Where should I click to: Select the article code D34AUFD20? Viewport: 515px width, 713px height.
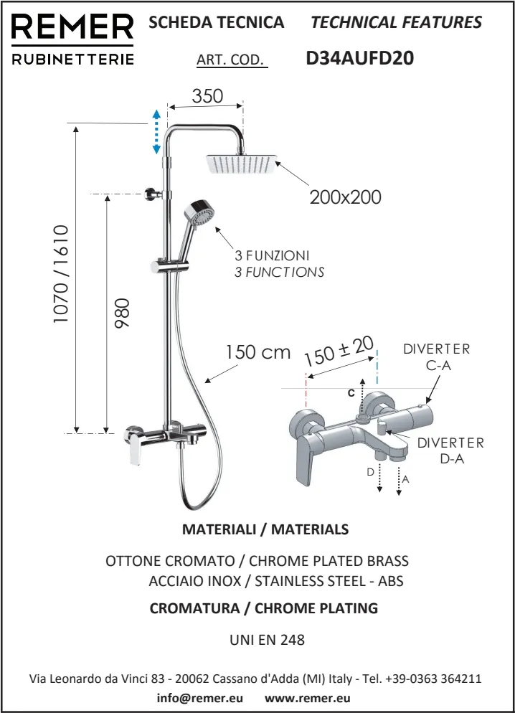coord(360,58)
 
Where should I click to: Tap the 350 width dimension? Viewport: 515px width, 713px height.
coord(207,96)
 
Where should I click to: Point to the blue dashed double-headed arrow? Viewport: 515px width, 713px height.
coord(156,132)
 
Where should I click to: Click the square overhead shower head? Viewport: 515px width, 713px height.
coord(242,164)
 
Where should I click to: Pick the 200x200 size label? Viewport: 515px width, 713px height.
coord(346,197)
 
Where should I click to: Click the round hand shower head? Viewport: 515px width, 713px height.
coord(199,213)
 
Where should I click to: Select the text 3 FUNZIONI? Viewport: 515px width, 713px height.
coord(273,255)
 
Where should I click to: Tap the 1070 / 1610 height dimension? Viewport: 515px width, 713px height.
coord(60,274)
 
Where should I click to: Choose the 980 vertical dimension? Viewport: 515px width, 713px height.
coord(122,313)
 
